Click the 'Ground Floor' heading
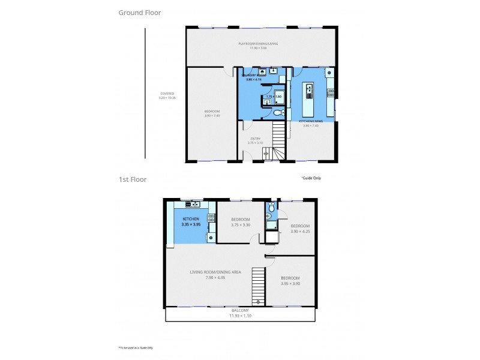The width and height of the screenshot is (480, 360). (x=139, y=12)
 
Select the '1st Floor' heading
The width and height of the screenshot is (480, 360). (x=133, y=179)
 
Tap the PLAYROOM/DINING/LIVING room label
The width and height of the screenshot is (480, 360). (x=258, y=44)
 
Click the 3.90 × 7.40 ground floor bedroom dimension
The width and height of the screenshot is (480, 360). (x=212, y=116)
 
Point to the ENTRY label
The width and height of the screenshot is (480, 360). (x=255, y=139)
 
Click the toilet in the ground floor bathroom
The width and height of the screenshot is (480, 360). (x=277, y=112)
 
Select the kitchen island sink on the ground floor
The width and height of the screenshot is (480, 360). (x=310, y=92)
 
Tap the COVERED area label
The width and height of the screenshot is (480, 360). (x=167, y=94)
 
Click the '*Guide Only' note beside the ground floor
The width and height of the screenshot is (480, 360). (x=311, y=178)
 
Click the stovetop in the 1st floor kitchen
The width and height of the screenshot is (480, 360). (x=211, y=218)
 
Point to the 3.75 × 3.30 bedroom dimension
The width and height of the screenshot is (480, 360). (x=240, y=225)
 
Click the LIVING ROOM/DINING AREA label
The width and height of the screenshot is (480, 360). (x=215, y=272)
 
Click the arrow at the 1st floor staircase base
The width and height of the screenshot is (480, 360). (x=259, y=302)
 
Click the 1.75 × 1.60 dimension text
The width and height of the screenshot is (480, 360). (x=274, y=96)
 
